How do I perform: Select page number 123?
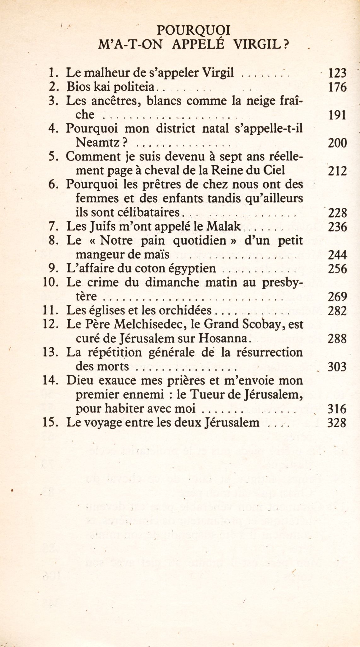click(x=337, y=73)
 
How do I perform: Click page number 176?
click(x=337, y=87)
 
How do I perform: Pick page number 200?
click(x=337, y=143)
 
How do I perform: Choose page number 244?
click(x=337, y=255)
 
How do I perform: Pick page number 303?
click(x=337, y=367)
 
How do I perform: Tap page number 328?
click(x=337, y=423)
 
